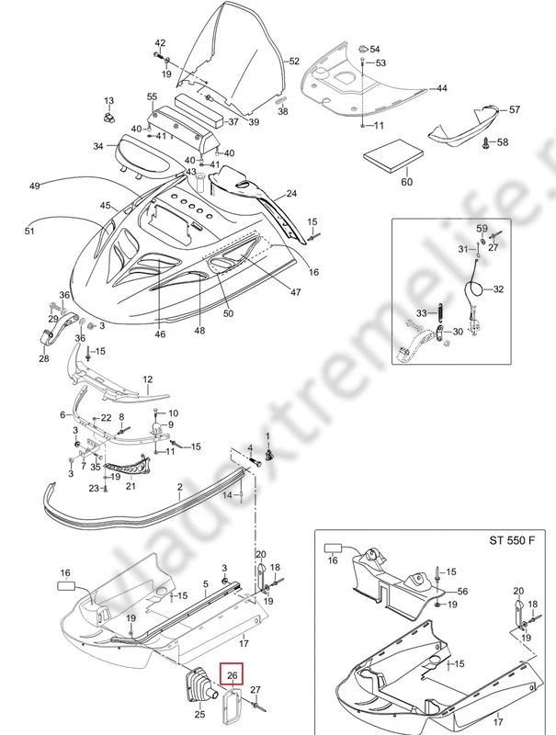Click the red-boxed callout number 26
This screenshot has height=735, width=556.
point(233,675)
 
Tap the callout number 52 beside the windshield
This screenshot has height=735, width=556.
point(294,62)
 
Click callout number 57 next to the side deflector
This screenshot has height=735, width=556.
point(514,109)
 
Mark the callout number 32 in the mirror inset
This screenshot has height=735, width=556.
point(498,289)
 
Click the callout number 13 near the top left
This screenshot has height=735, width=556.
point(108,100)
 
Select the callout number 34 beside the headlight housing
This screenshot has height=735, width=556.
point(98,145)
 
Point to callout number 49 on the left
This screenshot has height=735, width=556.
point(35,187)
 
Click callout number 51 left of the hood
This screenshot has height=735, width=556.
point(28,232)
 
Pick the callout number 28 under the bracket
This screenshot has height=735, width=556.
point(44,359)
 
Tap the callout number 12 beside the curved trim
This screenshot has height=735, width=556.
point(147,379)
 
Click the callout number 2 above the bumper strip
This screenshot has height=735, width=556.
point(180,486)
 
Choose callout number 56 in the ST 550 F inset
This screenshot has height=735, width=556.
point(463,593)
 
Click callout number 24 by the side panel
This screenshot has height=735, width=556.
point(291,194)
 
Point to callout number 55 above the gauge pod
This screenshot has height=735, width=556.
point(152,96)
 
